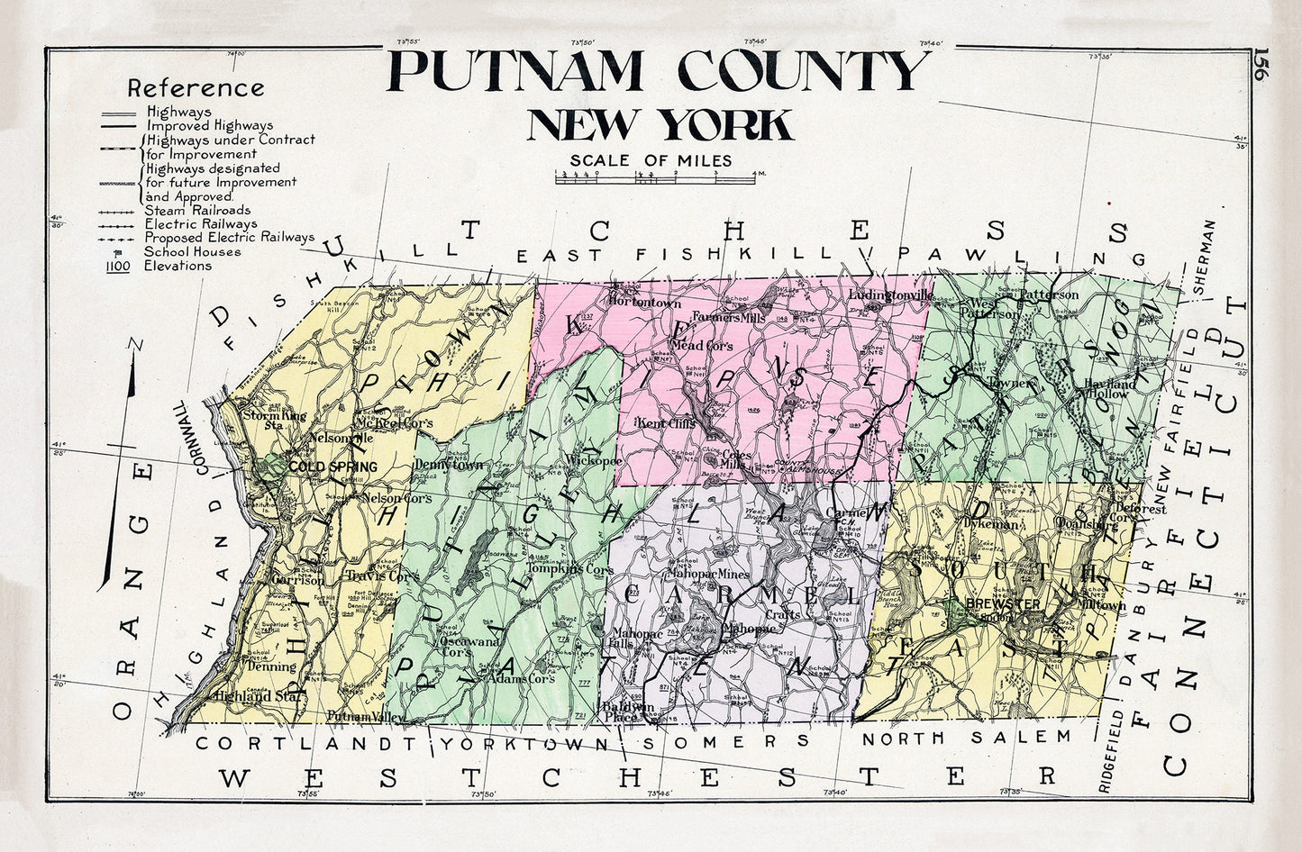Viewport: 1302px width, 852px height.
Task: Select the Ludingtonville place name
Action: pyautogui.click(x=890, y=295)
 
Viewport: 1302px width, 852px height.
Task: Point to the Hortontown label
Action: pyautogui.click(x=644, y=304)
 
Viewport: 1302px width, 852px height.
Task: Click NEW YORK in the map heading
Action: pyautogui.click(x=660, y=125)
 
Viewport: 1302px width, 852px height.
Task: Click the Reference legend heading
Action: pyautogui.click(x=196, y=88)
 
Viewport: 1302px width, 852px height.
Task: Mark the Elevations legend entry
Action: pyautogui.click(x=178, y=266)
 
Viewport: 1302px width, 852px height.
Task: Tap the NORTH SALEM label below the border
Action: pyautogui.click(x=967, y=738)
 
